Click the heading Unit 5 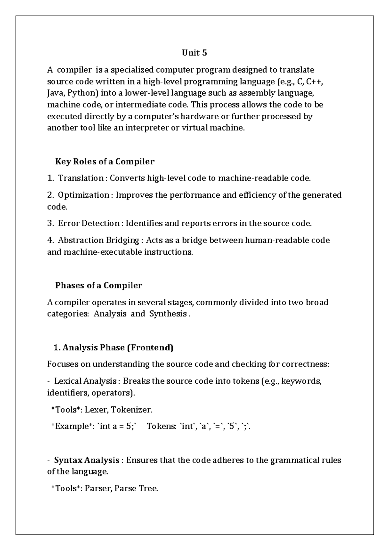pos(194,53)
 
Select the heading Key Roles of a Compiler pos(105,161)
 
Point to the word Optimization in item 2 pos(83,195)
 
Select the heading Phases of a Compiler pos(99,286)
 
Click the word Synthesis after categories pos(168,314)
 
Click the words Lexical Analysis pos(85,381)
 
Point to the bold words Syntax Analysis pos(87,460)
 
